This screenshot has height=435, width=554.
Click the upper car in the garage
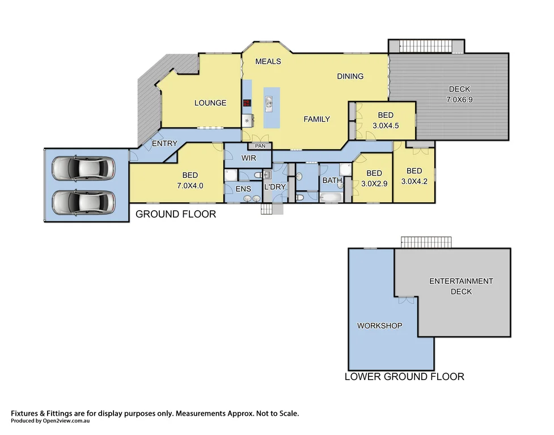[83, 168]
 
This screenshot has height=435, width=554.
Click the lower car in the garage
[83, 201]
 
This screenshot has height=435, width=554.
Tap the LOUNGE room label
[210, 103]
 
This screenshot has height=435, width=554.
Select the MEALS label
[268, 61]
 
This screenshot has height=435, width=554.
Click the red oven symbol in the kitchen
[247, 103]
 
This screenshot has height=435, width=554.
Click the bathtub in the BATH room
[330, 197]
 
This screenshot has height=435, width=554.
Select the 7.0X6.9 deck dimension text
[459, 99]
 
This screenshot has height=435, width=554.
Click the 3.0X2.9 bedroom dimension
[374, 183]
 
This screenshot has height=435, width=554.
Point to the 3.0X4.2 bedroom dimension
[414, 181]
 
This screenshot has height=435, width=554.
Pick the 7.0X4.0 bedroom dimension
[190, 185]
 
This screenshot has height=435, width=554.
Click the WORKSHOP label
[379, 326]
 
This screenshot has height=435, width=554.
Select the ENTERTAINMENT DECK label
[460, 286]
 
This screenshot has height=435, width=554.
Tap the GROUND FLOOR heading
[175, 214]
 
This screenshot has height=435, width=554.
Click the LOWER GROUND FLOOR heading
[404, 377]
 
